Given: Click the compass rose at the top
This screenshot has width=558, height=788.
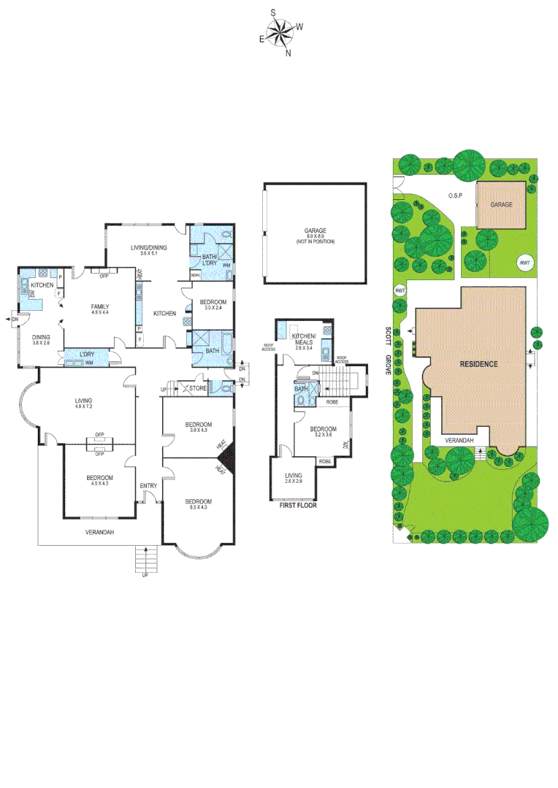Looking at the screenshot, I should pos(280,32).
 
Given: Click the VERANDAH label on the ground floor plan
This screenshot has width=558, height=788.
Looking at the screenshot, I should pos(99,531).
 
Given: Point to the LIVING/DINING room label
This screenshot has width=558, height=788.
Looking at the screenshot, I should pos(149,248).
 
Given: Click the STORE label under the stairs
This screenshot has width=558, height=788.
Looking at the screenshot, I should pos(198,389).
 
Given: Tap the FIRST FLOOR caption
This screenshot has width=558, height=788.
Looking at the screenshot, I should pos(299,503).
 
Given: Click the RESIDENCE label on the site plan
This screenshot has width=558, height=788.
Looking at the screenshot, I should pos(478,363).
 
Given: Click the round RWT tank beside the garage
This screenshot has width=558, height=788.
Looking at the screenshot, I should pos(524,263).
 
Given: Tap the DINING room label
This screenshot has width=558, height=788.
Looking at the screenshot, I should pos(41,337).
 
